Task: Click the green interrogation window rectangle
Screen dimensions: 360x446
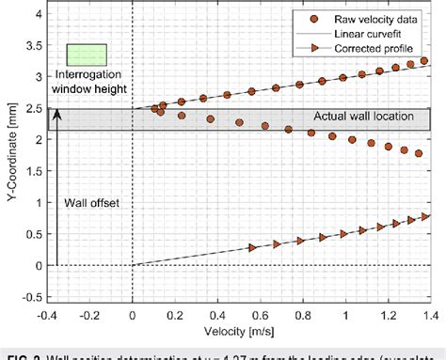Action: point(87,56)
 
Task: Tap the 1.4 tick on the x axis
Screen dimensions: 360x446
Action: point(430,317)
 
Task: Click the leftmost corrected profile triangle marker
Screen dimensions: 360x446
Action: point(252,247)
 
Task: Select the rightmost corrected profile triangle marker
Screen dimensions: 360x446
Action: point(426,216)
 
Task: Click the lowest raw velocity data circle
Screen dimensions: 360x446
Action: point(420,154)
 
